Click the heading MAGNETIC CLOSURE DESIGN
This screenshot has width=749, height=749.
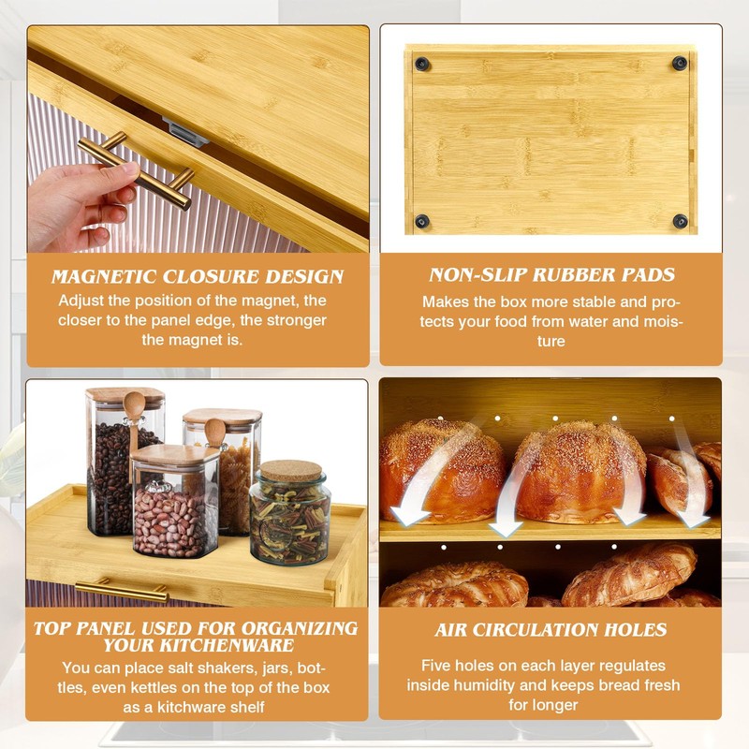(x=198, y=277)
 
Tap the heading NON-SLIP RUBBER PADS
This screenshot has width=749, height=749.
(x=551, y=275)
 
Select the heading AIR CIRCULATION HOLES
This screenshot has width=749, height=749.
(x=551, y=630)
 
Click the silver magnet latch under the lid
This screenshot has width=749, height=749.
(x=184, y=133)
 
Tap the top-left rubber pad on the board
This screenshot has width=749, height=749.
(x=423, y=64)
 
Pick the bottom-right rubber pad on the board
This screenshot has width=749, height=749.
(x=680, y=221)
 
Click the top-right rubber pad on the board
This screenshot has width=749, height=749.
(x=680, y=64)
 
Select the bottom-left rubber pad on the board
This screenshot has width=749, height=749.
(x=423, y=222)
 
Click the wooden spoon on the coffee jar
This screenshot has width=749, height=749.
(x=134, y=412)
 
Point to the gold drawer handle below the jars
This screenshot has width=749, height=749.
(x=122, y=591)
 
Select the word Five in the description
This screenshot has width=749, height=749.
(x=439, y=667)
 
